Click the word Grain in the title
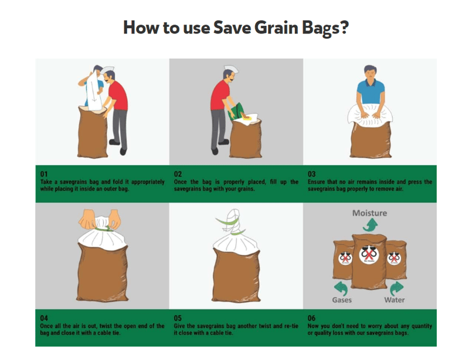click(276, 28)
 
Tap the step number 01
click(44, 174)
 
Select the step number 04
click(44, 318)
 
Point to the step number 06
click(311, 318)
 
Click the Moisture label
click(369, 213)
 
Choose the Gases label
click(342, 300)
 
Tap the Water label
click(394, 300)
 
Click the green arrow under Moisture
click(371, 225)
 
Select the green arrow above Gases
click(341, 288)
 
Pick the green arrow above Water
click(397, 288)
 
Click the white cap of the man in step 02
click(231, 69)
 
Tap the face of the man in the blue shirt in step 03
click(371, 74)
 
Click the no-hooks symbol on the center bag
click(369, 254)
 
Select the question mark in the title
click(344, 28)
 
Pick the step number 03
click(311, 174)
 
